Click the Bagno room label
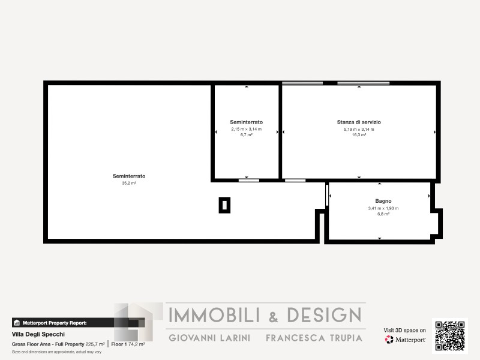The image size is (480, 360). [x=383, y=201]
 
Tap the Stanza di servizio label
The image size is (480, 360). [x=359, y=122]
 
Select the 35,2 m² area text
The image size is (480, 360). [x=129, y=183]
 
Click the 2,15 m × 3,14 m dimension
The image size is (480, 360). [x=247, y=129]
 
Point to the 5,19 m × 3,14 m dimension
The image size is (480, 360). [x=359, y=129]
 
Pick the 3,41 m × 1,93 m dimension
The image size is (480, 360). [x=383, y=208]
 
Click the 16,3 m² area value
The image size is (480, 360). [x=359, y=134]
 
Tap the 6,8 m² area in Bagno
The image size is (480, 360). [x=383, y=214]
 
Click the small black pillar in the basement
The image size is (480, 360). [x=224, y=205]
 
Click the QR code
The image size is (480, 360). [x=450, y=336]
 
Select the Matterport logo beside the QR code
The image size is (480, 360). [x=405, y=340]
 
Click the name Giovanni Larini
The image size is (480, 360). [x=209, y=338]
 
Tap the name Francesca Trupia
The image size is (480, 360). [x=314, y=338]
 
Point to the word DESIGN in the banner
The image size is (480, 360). [x=324, y=315]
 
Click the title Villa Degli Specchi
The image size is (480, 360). [x=38, y=334]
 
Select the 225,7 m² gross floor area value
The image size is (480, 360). [x=95, y=344]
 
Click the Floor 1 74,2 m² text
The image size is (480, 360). [x=128, y=344]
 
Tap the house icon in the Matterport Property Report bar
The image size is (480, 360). [x=17, y=323]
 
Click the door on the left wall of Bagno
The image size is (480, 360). [x=326, y=195]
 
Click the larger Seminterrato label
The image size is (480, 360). [x=129, y=176]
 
